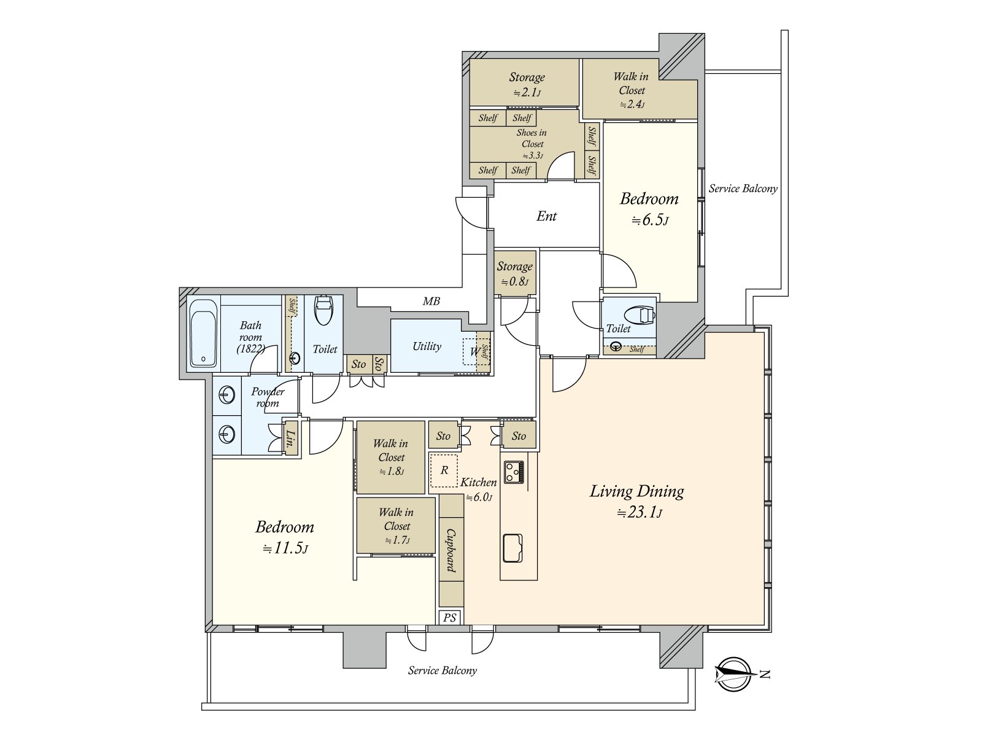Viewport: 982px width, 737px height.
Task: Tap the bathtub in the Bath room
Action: [204, 333]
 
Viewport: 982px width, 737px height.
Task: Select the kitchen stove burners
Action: [514, 472]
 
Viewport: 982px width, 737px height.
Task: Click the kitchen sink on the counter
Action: [512, 548]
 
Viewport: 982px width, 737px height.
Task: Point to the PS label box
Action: [450, 617]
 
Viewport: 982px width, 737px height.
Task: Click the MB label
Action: [431, 301]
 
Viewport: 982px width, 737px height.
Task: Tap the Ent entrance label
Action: [546, 216]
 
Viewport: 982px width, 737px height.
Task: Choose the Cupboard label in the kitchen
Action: [451, 550]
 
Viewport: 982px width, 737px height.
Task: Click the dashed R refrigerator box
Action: [444, 470]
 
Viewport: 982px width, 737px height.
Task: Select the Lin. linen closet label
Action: [292, 439]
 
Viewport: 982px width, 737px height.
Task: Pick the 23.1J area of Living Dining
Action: [640, 512]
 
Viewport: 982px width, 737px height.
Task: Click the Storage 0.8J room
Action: [514, 273]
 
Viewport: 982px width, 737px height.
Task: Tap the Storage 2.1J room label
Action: [527, 84]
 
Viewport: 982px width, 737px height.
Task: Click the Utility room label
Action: [427, 346]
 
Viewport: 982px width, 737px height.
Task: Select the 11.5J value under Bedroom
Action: [285, 548]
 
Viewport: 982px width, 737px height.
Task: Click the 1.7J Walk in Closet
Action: [396, 525]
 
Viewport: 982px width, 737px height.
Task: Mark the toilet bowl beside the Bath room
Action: [323, 310]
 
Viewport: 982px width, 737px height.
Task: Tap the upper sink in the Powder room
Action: [227, 395]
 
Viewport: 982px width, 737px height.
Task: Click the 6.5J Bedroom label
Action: [649, 209]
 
